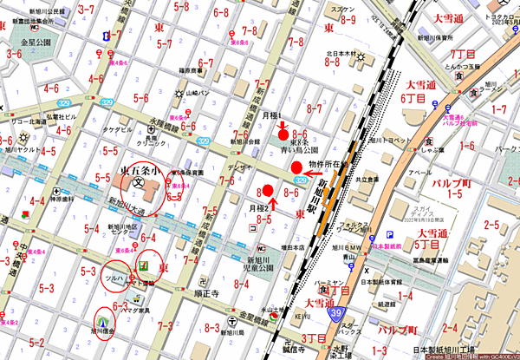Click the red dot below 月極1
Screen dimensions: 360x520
[283, 135]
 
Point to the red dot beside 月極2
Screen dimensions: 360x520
[268, 191]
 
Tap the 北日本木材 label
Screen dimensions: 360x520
[343, 54]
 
